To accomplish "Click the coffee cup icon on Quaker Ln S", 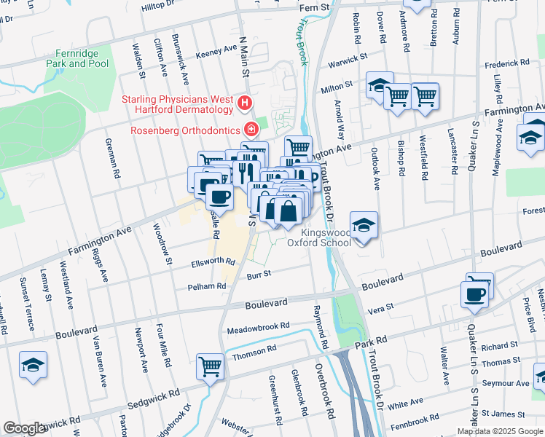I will click(x=474, y=294).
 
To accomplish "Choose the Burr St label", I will click(x=258, y=275).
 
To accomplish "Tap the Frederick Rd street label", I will click(x=509, y=64).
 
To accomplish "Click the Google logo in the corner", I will click(x=24, y=428).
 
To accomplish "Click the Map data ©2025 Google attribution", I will click(x=500, y=430).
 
